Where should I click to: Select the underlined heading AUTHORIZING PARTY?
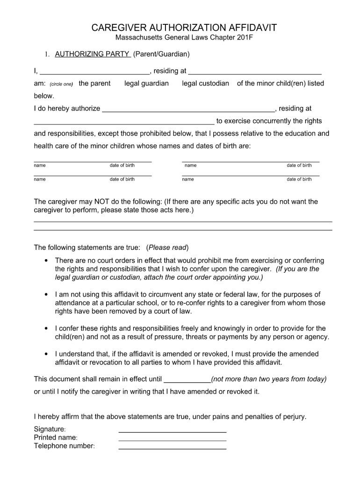point(93,54)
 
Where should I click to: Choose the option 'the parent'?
point(94,83)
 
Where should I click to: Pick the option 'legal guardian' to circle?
point(146,83)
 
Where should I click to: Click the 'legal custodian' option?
point(205,83)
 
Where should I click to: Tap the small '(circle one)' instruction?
point(61,84)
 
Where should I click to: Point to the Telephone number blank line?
point(173,448)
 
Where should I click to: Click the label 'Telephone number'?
point(64,446)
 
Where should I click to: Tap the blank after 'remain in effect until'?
point(188,382)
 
